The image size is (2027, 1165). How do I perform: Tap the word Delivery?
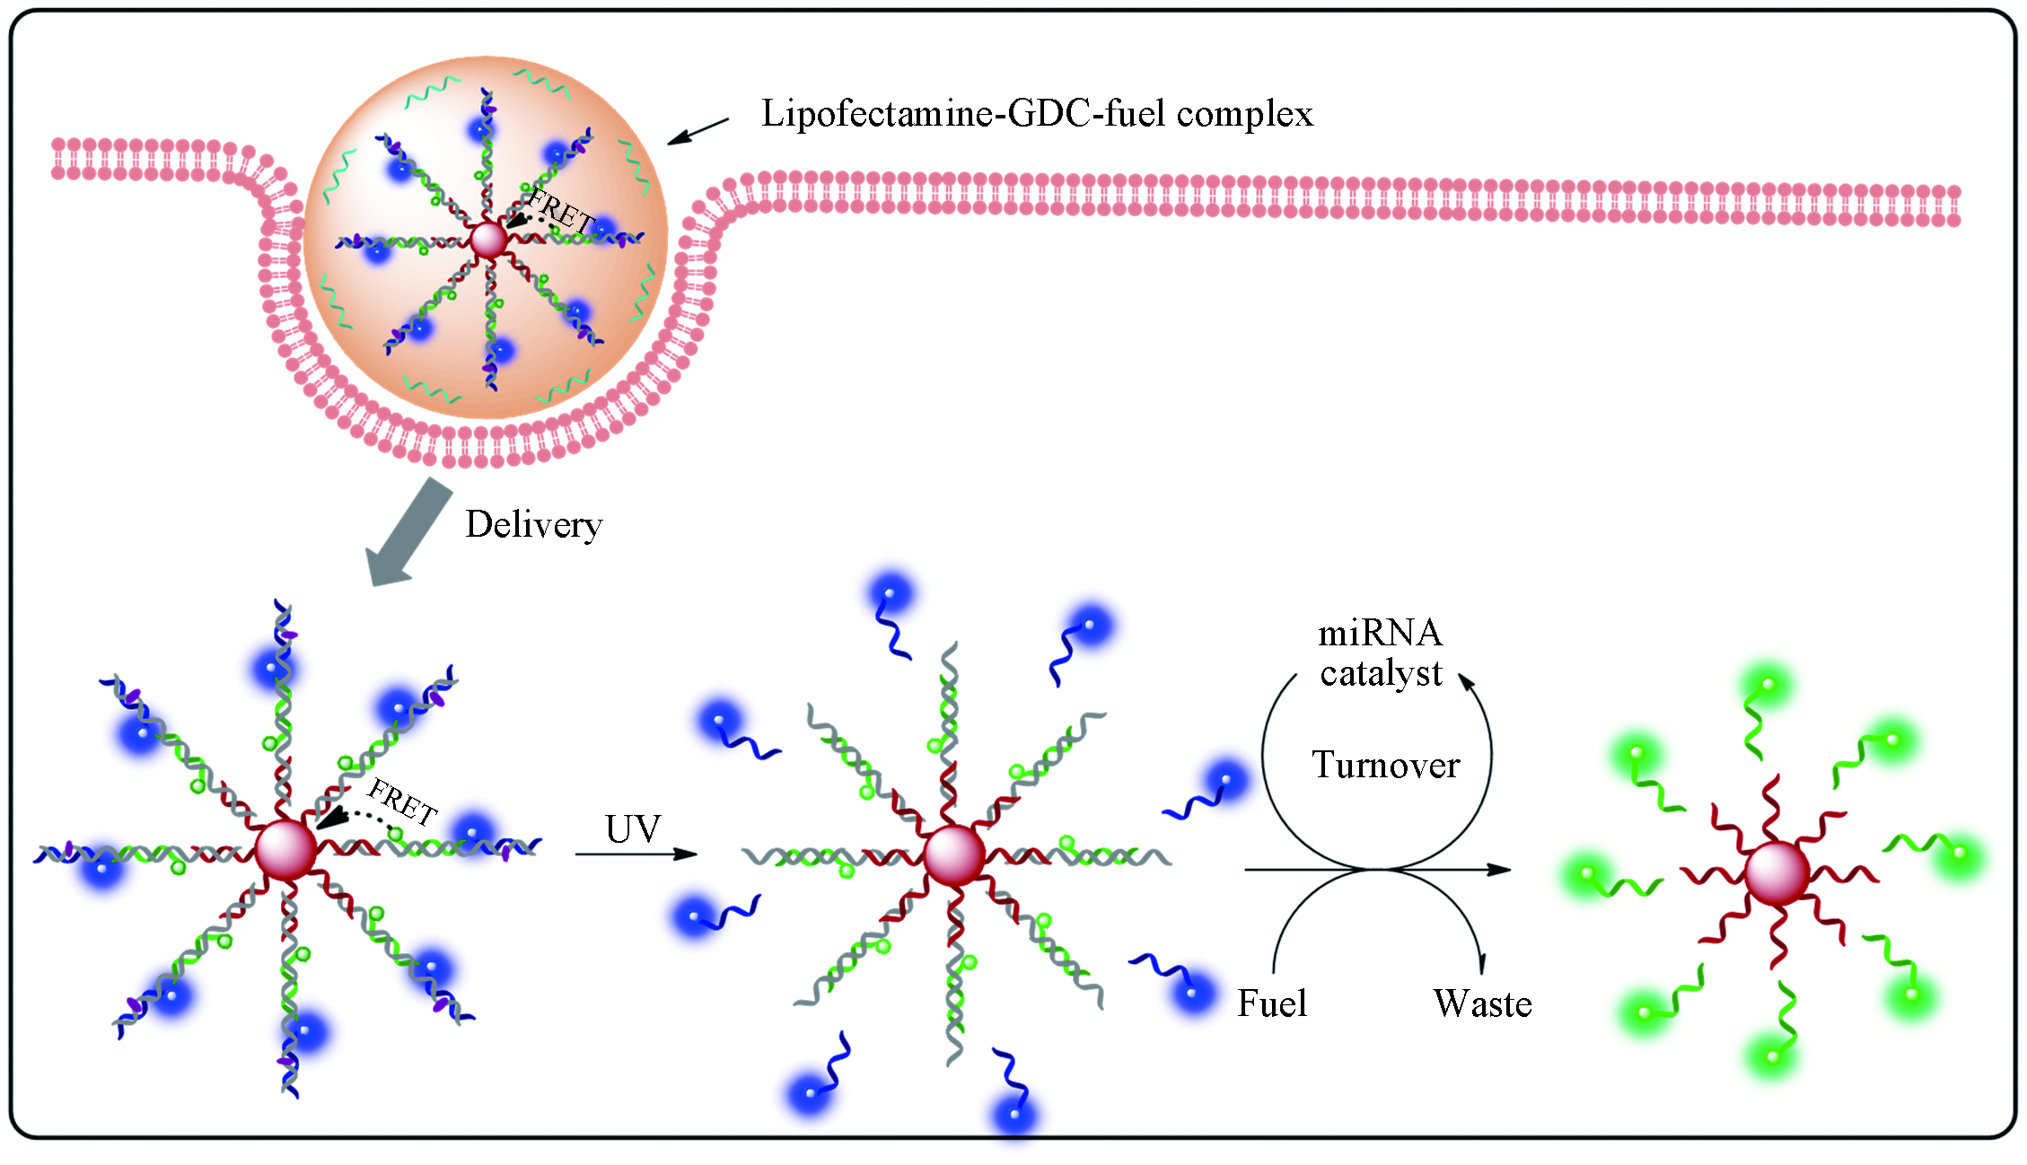(x=533, y=525)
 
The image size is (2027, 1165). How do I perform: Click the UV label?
(x=633, y=828)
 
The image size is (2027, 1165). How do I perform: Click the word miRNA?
(x=1380, y=634)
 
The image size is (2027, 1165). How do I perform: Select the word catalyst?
(x=1381, y=673)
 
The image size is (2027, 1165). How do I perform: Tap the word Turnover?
(x=1386, y=765)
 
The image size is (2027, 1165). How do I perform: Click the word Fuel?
(x=1272, y=1003)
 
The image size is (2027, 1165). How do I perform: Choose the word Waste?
(x=1482, y=1003)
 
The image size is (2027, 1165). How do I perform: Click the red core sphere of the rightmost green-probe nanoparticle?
(x=1777, y=873)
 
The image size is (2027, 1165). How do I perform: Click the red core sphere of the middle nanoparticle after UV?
(x=954, y=856)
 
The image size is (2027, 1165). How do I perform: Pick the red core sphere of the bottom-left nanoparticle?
(x=286, y=850)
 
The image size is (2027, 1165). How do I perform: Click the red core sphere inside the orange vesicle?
(x=489, y=241)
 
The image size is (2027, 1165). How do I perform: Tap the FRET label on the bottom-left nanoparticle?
(x=402, y=801)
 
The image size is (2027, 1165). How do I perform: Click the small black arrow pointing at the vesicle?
(x=698, y=131)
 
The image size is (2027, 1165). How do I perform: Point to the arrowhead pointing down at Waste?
(x=1482, y=964)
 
